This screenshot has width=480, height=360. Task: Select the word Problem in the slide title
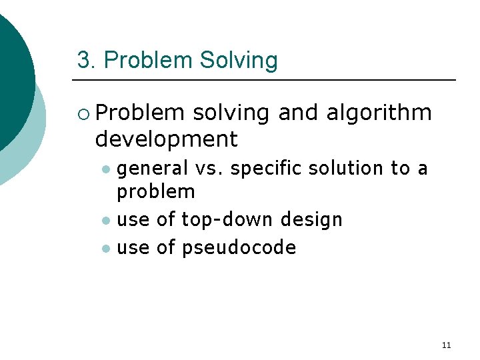click(148, 61)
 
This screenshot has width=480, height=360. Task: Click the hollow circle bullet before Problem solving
click(83, 113)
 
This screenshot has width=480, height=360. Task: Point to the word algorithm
click(379, 113)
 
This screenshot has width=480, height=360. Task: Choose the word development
click(166, 139)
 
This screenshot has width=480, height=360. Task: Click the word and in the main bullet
click(299, 113)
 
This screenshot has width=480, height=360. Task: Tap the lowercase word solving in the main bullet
click(231, 113)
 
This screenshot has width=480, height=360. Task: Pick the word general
click(153, 169)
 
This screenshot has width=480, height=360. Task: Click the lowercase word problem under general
click(156, 192)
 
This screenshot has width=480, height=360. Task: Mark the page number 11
click(446, 345)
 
